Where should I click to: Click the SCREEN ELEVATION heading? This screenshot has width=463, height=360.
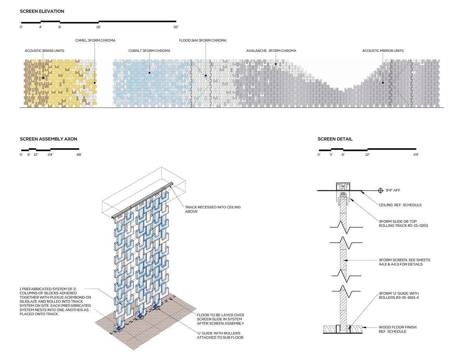click(x=42, y=11)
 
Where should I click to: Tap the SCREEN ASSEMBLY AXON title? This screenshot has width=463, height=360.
click(x=48, y=139)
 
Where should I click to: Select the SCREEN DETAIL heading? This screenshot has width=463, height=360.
click(x=335, y=139)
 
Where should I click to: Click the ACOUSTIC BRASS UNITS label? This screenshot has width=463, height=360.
click(x=44, y=51)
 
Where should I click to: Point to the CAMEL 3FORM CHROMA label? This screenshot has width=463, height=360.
click(x=95, y=40)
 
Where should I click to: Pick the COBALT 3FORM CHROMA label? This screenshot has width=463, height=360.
click(x=149, y=51)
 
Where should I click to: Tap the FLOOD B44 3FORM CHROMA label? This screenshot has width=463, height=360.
click(x=202, y=40)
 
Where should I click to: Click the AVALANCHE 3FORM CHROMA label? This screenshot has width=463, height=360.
click(x=271, y=51)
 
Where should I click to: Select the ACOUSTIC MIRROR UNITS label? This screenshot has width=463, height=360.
click(x=383, y=51)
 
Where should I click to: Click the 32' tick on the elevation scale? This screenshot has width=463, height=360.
click(x=176, y=27)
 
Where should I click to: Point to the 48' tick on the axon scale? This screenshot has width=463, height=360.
click(x=79, y=155)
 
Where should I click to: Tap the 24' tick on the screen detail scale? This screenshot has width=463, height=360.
click(x=416, y=155)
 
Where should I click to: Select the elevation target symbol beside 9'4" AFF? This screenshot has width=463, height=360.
click(x=380, y=190)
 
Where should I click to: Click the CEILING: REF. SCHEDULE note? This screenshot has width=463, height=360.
click(x=400, y=205)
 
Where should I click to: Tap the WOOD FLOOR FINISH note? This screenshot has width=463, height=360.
click(x=397, y=329)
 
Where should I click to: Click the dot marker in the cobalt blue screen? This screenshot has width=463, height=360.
click(x=150, y=73)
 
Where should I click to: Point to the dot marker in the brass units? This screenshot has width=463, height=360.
click(x=43, y=78)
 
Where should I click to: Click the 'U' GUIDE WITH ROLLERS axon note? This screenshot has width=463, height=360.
click(x=220, y=335)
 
